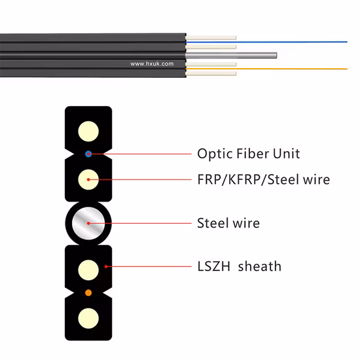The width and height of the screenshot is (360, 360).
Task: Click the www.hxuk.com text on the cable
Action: coord(152,64)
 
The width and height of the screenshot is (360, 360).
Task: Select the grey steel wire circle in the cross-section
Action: coord(88,223)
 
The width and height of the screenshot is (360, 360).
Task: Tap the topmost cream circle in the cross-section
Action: coord(88,128)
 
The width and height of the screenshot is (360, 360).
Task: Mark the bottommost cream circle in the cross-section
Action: coord(88,318)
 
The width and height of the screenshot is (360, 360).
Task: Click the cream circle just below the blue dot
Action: coord(88,179)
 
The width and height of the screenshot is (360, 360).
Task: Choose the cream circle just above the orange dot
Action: coord(88,267)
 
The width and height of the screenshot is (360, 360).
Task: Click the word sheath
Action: coord(259,266)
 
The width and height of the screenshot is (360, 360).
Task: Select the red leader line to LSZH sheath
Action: coord(144,267)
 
